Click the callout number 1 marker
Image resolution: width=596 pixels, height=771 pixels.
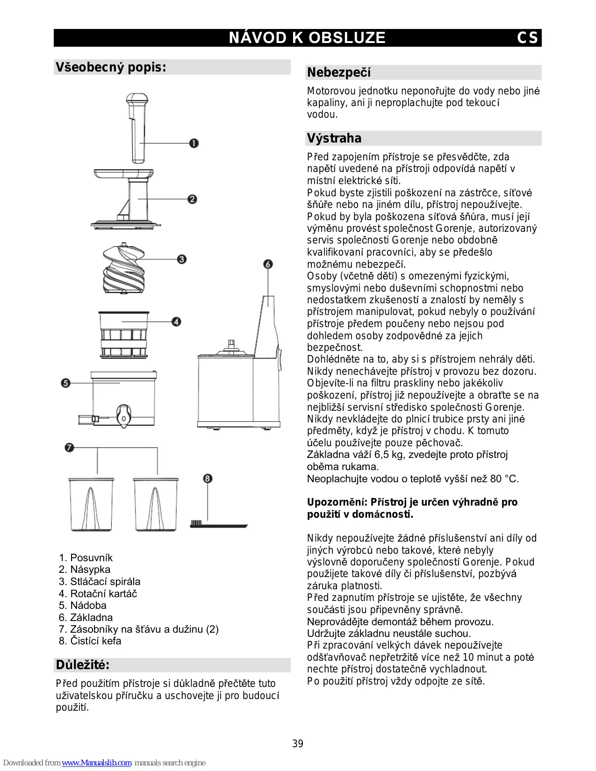click(x=194, y=143)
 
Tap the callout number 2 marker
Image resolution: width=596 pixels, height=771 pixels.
click(x=192, y=199)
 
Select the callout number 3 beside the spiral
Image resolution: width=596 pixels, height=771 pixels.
click(x=182, y=259)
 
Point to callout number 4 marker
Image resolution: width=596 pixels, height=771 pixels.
click(x=176, y=321)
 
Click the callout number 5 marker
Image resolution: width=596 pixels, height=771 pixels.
click(x=65, y=383)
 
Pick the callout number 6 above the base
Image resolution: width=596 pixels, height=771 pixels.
click(x=268, y=264)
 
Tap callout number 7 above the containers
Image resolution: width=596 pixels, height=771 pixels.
click(x=69, y=447)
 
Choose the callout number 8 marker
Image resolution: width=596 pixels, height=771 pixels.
click(x=208, y=478)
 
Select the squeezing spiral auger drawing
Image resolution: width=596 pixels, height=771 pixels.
click(x=123, y=270)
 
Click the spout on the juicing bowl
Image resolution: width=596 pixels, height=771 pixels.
click(x=123, y=415)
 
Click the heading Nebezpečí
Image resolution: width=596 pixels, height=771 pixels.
click(x=339, y=72)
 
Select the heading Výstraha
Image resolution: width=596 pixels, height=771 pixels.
click(x=334, y=138)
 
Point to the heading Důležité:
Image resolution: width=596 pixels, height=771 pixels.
click(x=83, y=665)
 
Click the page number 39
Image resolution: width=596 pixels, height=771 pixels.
click(x=298, y=743)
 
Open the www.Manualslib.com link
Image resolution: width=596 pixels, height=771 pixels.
click(x=97, y=763)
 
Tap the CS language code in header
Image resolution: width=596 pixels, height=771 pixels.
click(x=527, y=38)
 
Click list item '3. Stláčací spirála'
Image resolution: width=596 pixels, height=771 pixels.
click(x=100, y=581)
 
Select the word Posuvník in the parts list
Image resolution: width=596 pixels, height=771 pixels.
click(x=92, y=557)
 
